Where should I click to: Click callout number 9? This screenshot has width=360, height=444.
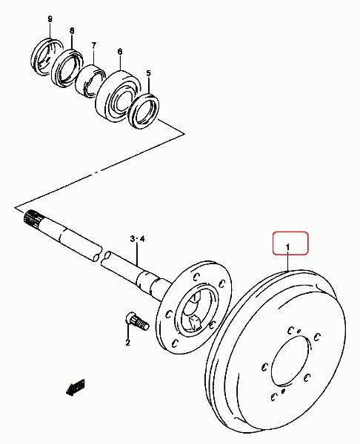point(50,19)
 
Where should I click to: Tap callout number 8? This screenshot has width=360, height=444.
point(72,30)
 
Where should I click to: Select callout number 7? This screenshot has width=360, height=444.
point(94,45)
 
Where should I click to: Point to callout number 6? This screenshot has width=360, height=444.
point(120,52)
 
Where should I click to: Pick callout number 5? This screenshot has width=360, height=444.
point(149,73)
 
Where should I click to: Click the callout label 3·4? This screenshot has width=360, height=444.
point(137,239)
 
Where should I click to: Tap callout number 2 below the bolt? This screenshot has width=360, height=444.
point(127,343)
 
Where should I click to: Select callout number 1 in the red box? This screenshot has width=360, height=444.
point(287,247)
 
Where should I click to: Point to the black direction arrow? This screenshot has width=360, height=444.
point(76,387)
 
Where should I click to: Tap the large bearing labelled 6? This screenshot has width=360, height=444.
point(118,92)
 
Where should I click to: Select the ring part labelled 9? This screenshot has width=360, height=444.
point(47,56)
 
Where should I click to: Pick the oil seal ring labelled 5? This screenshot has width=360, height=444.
point(144,110)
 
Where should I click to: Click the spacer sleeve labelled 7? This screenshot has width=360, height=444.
point(90,81)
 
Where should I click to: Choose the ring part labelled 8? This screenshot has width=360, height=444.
point(67,68)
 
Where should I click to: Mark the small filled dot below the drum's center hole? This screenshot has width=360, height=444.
point(283,391)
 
